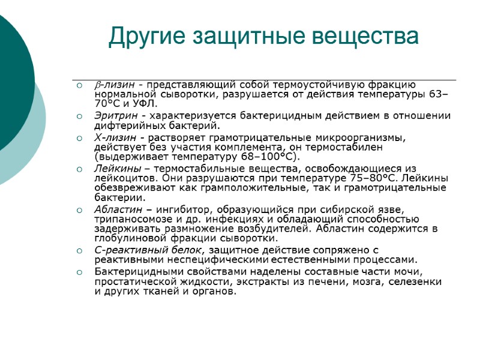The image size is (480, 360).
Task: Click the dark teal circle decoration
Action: (12, 84)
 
